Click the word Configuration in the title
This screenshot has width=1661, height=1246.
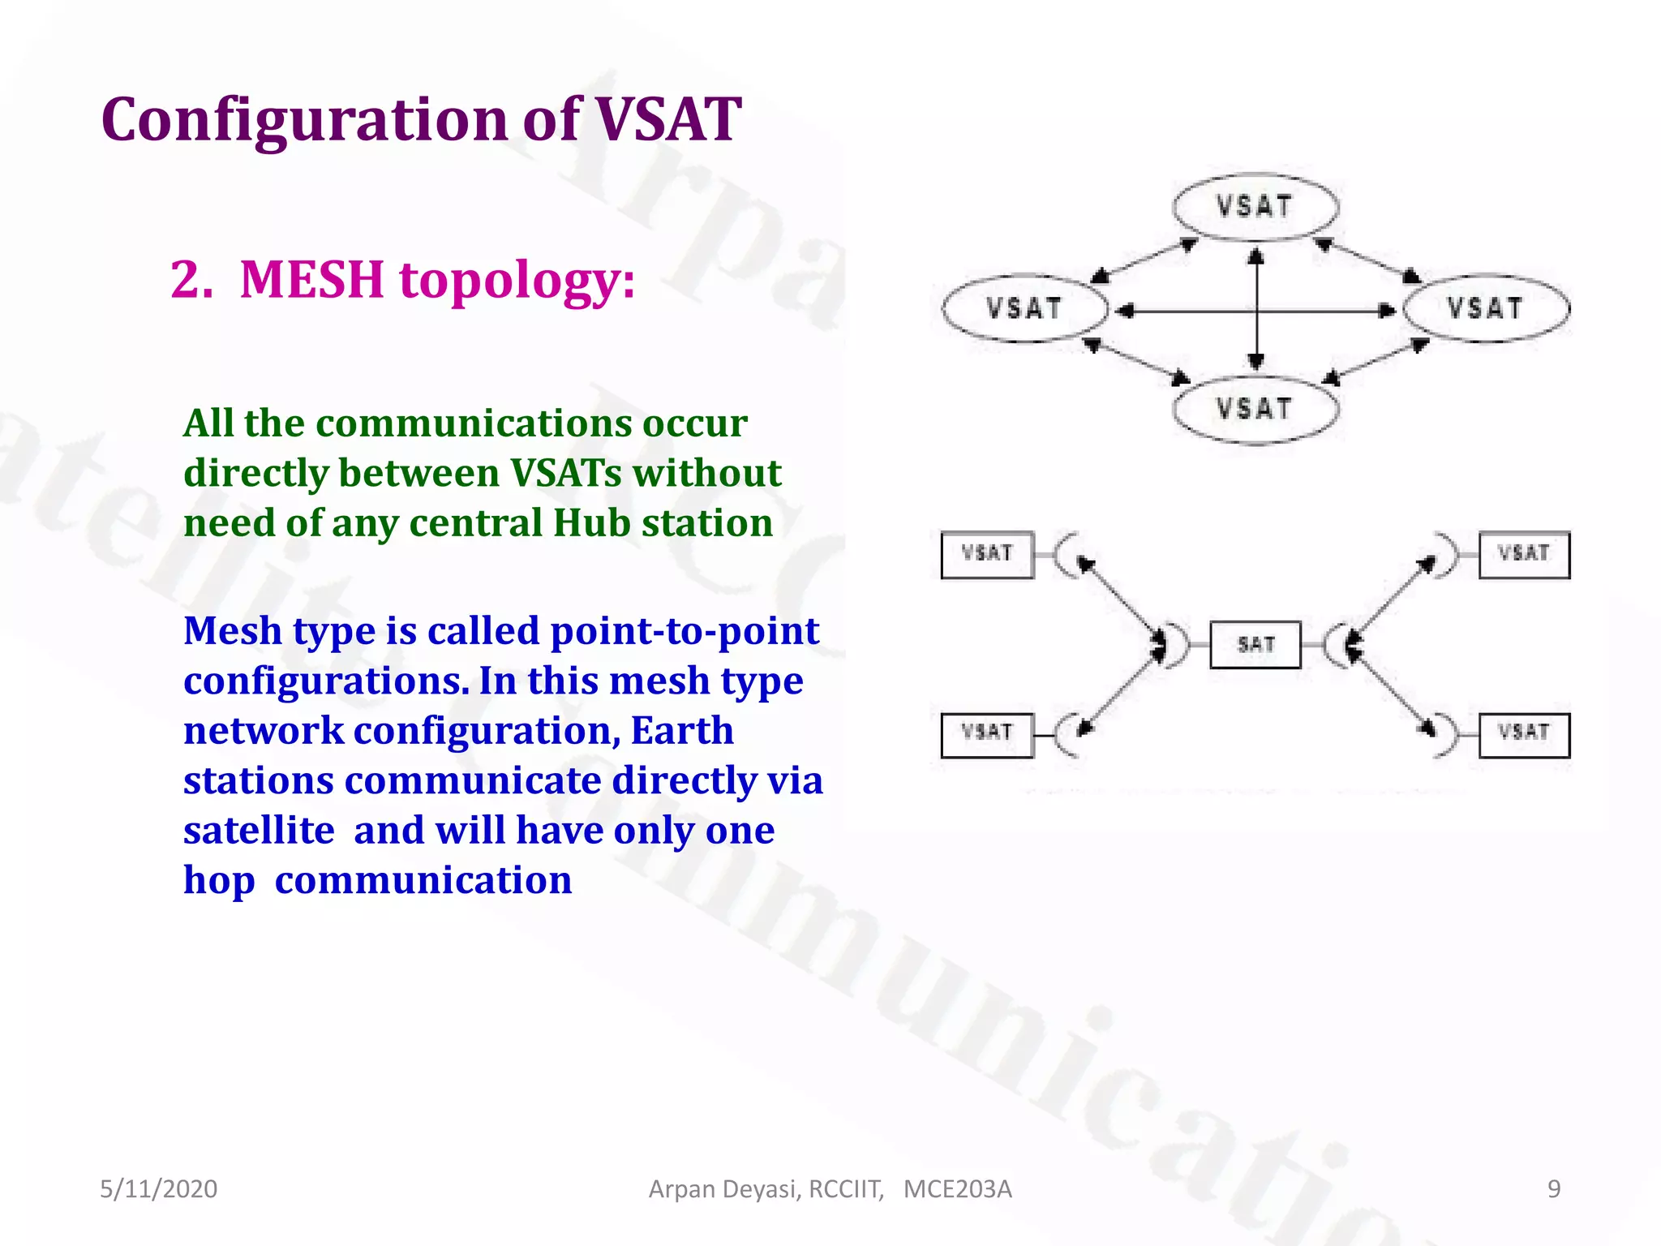point(304,120)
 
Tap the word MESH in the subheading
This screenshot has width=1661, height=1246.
point(311,280)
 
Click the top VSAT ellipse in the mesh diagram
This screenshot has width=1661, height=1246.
point(1255,207)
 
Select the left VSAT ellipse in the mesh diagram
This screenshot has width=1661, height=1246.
point(1024,308)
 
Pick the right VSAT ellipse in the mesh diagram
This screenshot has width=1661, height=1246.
point(1486,308)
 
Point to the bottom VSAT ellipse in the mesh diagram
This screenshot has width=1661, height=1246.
point(1255,409)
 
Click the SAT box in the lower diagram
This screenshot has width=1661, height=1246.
point(1255,645)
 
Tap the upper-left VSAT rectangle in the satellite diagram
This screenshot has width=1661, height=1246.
point(987,555)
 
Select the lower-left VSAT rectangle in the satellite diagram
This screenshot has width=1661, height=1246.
point(987,734)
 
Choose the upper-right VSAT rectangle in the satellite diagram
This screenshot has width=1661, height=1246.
point(1524,555)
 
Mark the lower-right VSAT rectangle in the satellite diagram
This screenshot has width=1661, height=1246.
point(1524,734)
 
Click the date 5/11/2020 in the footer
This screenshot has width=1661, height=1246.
point(158,1189)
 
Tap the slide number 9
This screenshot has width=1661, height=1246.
point(1554,1189)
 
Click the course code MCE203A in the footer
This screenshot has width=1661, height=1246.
point(957,1189)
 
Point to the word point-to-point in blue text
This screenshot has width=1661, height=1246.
point(685,631)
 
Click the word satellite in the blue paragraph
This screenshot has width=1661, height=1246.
point(259,831)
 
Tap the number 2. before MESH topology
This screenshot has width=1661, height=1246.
point(192,280)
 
